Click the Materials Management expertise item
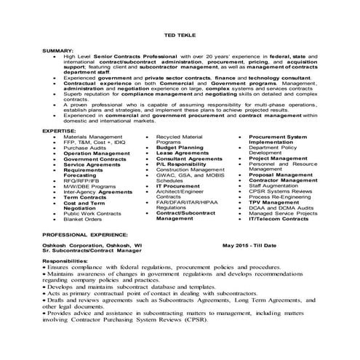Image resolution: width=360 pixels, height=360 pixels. [92, 136]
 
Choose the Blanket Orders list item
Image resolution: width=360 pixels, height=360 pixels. [82, 219]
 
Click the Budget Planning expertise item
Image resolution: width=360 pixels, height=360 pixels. [180, 148]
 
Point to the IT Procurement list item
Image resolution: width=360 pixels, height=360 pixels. [178, 185]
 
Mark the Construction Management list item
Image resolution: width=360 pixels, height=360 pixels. [186, 169]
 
